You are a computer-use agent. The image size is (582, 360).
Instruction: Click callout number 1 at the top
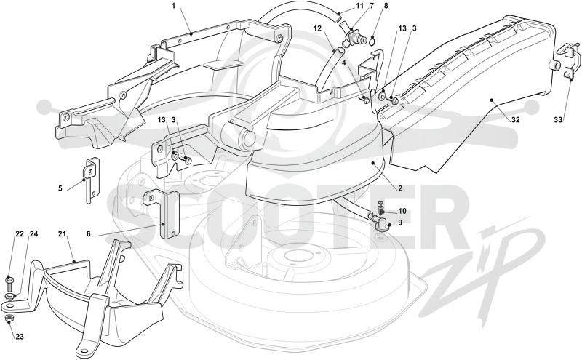pyautogui.click(x=173, y=6)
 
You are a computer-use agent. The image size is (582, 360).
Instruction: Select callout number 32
pyautogui.click(x=515, y=120)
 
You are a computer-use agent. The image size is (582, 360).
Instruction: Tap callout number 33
pyautogui.click(x=558, y=120)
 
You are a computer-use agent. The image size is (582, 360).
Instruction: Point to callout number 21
pyautogui.click(x=62, y=233)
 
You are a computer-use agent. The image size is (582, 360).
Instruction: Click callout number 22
pyautogui.click(x=20, y=233)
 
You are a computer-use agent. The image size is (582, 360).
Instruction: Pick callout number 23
pyautogui.click(x=20, y=337)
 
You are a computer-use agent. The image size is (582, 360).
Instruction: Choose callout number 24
pyautogui.click(x=33, y=233)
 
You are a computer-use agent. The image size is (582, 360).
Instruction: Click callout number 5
pyautogui.click(x=60, y=188)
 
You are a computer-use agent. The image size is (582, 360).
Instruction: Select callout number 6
pyautogui.click(x=88, y=233)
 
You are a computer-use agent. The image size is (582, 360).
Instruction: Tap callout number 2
pyautogui.click(x=400, y=188)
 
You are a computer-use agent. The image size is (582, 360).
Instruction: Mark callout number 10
pyautogui.click(x=402, y=211)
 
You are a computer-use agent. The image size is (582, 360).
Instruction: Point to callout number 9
pyautogui.click(x=400, y=223)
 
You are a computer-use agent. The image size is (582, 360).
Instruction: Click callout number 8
pyautogui.click(x=386, y=6)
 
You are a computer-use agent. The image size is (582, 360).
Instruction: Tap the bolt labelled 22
pyautogui.click(x=9, y=284)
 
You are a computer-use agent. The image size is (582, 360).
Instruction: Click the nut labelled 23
pyautogui.click(x=9, y=319)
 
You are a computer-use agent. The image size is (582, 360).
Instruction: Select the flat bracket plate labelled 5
pyautogui.click(x=92, y=180)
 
